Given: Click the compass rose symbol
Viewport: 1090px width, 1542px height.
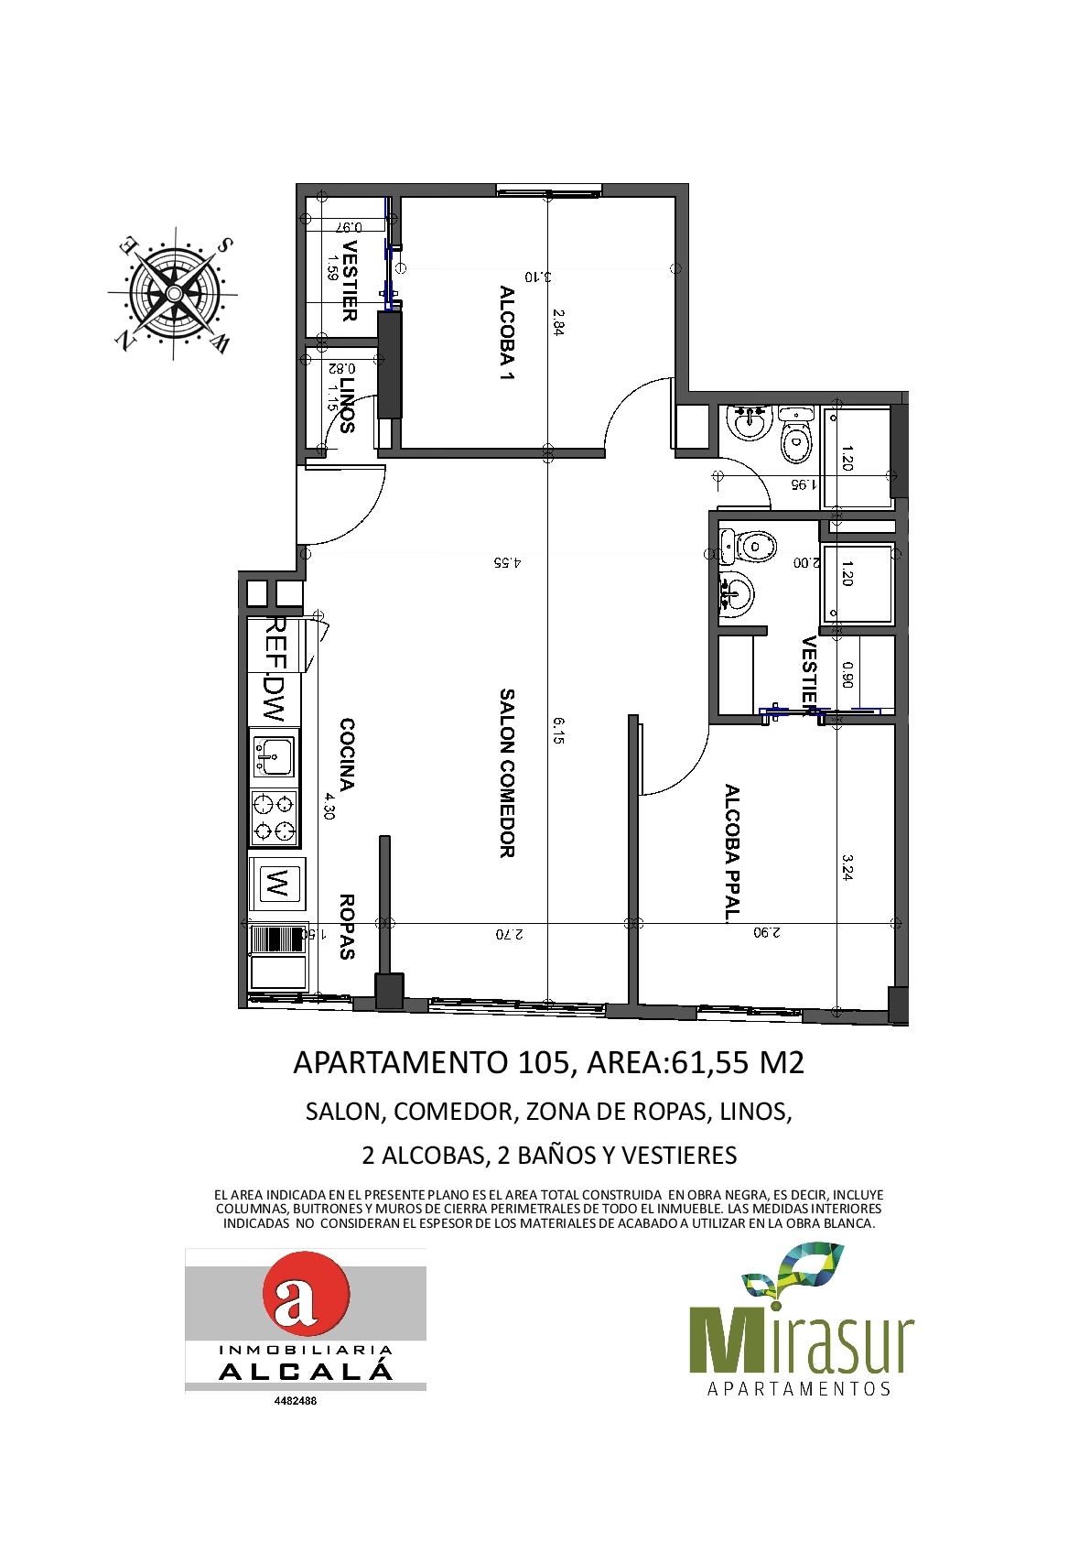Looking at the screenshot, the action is (173, 294).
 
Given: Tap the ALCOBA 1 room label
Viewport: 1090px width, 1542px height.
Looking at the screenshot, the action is (507, 334).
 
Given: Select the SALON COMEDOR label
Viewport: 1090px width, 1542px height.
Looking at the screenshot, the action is (507, 773).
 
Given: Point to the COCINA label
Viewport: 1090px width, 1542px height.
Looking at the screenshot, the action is (347, 755).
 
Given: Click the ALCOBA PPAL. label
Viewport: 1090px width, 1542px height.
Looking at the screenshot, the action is (731, 852).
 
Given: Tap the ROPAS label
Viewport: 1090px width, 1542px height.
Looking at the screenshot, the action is (347, 927).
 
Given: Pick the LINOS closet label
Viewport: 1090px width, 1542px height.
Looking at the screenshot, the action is (347, 407).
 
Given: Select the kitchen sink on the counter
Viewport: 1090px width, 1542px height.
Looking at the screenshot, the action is (274, 756).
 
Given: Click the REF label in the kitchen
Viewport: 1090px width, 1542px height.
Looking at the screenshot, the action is (276, 642).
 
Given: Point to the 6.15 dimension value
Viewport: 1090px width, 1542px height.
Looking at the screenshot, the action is (557, 731).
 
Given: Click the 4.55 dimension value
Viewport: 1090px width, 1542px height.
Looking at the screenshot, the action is (508, 562).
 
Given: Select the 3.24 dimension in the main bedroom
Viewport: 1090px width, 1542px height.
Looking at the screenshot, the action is (847, 867).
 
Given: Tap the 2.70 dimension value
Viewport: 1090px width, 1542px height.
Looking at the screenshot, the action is (510, 934).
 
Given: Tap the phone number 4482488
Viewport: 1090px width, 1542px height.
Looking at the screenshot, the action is (296, 1400).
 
